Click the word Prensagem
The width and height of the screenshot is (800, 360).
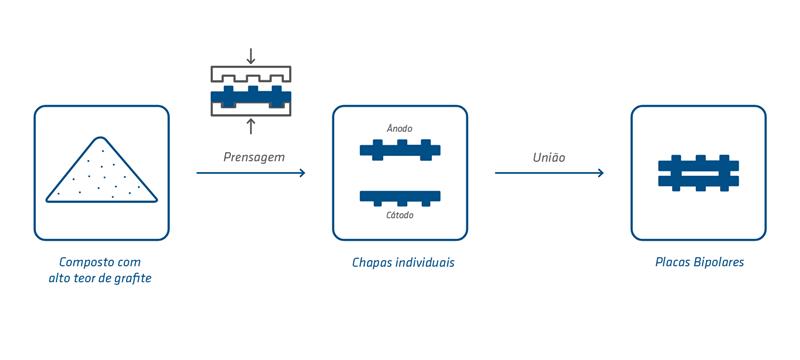pos(254,157)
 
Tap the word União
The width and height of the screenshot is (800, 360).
pos(549,158)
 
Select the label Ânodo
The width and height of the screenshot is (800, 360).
pos(399,129)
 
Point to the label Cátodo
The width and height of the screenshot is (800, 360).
pos(399,215)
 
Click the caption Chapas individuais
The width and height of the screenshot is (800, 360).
pos(403,263)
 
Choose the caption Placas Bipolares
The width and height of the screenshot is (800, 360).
pos(699,262)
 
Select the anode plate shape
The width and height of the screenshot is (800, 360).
pos(400,150)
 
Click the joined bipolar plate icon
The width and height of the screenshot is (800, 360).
pos(698,173)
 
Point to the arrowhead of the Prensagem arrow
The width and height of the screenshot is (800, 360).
pos(302,173)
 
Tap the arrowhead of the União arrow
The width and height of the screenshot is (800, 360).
pos(601,173)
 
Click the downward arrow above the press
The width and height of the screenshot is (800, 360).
pos(251,56)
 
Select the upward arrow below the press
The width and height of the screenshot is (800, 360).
pos(251,126)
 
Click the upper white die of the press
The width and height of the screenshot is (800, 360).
pos(251,74)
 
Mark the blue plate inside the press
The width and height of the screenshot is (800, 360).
pos(251,97)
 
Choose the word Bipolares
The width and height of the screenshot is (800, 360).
pos(719,262)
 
